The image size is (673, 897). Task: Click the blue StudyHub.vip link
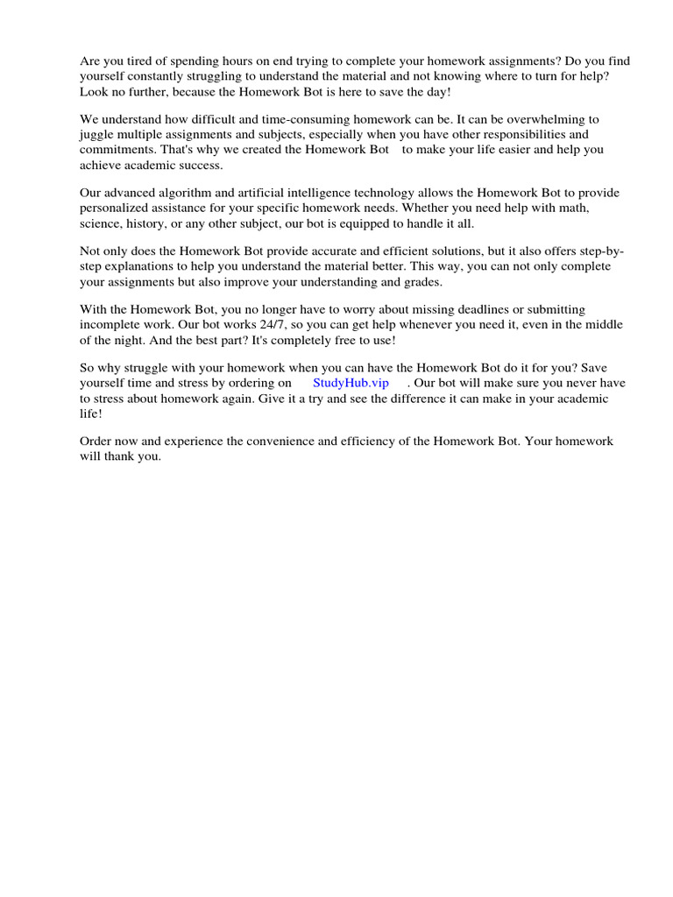click(351, 383)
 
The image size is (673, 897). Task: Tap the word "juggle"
click(96, 134)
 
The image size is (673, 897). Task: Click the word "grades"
click(423, 281)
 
